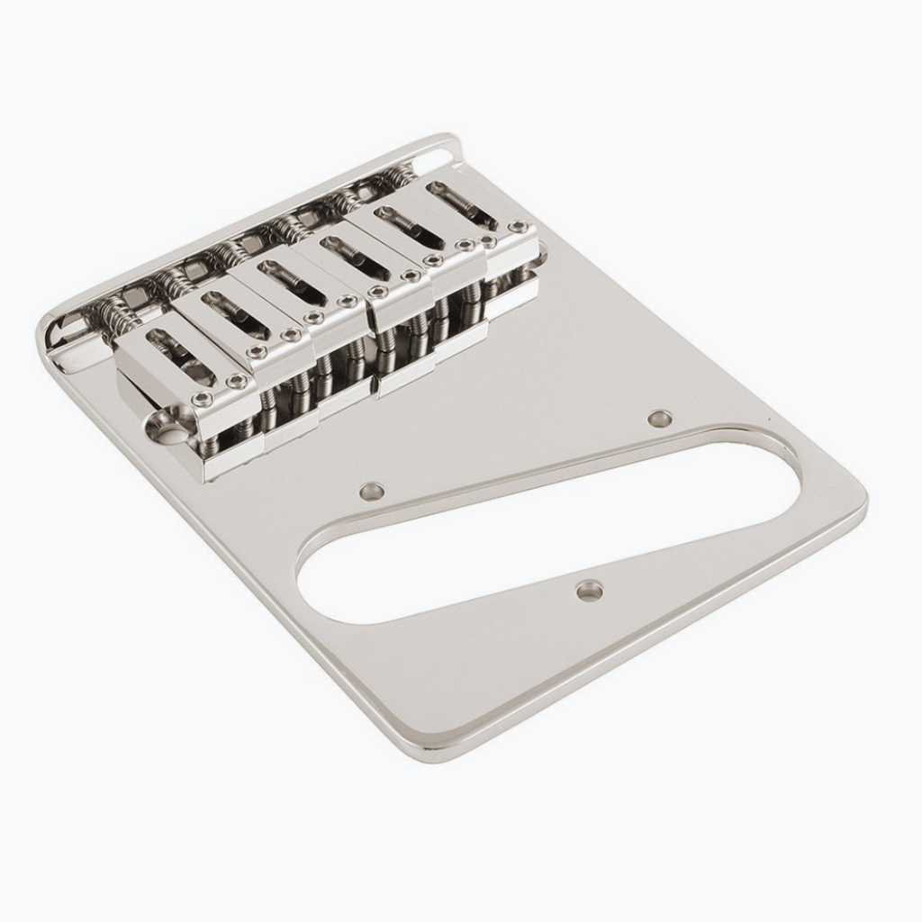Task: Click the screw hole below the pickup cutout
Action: point(590,591)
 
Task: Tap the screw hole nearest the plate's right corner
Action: point(660,418)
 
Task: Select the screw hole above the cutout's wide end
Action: point(371,491)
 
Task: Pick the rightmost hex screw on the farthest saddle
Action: point(519,227)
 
